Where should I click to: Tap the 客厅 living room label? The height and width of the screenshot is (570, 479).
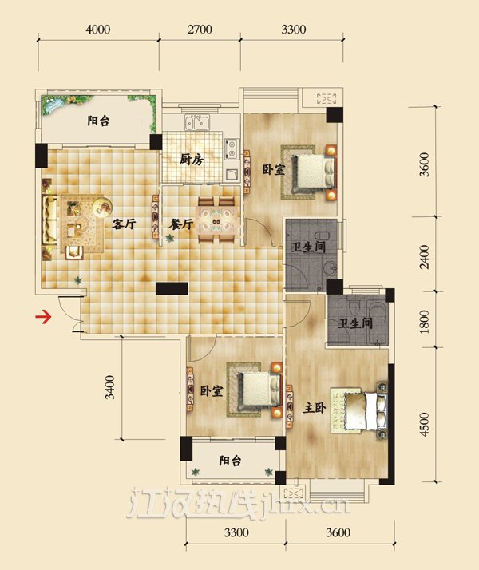click(124, 224)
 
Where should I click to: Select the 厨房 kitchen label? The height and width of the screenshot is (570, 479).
click(191, 160)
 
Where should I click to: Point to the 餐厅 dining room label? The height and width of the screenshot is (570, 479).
click(181, 224)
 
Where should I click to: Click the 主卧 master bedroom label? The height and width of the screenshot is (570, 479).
click(315, 408)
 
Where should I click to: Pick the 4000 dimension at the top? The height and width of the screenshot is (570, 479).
click(97, 29)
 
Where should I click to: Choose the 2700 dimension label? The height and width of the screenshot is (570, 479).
click(200, 29)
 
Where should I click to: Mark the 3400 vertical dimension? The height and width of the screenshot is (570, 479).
click(109, 387)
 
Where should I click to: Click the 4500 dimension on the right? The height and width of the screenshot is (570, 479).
click(424, 424)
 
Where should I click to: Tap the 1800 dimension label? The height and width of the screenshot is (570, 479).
click(424, 322)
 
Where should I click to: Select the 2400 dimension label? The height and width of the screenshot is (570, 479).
click(424, 256)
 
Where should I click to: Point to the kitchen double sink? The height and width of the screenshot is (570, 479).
click(197, 122)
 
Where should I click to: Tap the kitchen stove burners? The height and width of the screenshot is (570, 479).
click(231, 148)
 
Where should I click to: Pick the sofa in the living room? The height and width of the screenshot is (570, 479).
click(49, 220)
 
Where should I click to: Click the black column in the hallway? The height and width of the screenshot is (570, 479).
click(172, 288)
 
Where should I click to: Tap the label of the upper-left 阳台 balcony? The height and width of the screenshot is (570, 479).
click(98, 121)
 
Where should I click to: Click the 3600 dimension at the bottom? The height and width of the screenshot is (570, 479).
click(338, 533)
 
